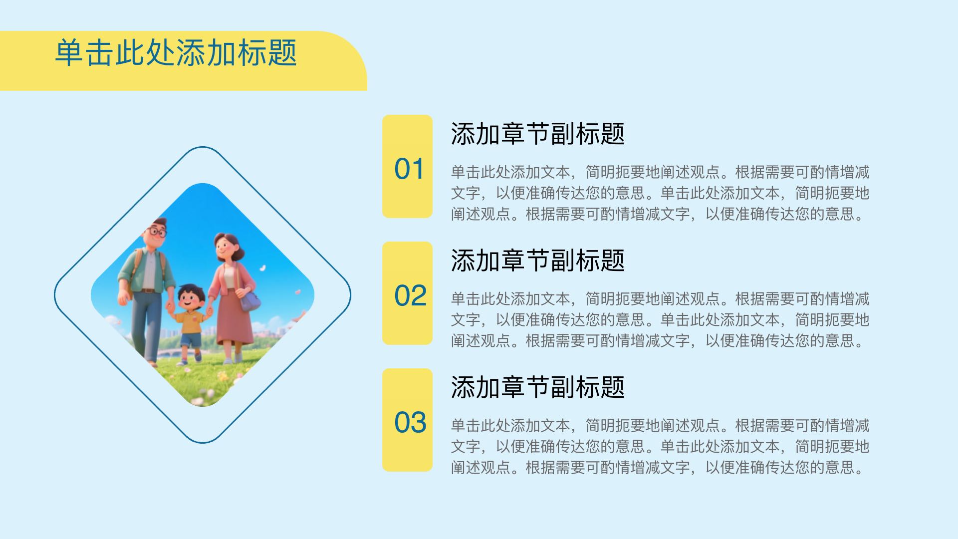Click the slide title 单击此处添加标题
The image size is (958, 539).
point(176,53)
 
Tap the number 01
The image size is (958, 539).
point(409,169)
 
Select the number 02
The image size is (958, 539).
point(410,296)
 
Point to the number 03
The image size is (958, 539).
point(410,423)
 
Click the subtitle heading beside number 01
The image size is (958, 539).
point(538,134)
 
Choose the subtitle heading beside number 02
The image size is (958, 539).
point(538,261)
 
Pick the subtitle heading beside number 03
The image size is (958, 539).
point(538,387)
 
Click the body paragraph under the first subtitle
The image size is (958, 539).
point(660,193)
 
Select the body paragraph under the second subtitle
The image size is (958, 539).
point(660,320)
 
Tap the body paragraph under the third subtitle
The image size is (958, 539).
point(660,447)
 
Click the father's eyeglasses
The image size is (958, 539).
point(156,232)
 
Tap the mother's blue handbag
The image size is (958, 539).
point(250,300)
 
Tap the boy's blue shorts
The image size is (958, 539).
point(190,340)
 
